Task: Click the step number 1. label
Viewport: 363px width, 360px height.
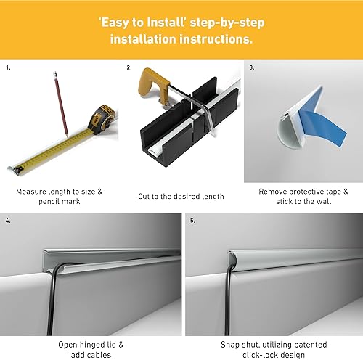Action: (x=9, y=67)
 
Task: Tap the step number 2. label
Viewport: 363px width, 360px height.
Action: (x=129, y=67)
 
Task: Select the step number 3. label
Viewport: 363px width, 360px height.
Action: (x=251, y=67)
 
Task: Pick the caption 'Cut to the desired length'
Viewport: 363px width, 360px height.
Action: (x=181, y=197)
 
